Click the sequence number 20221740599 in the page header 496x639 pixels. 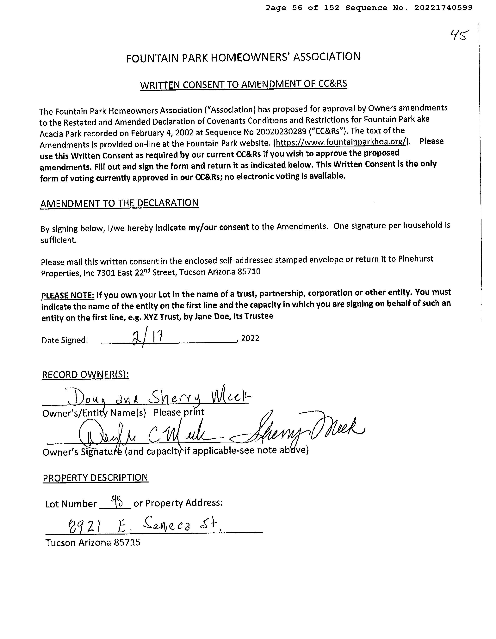coord(443,8)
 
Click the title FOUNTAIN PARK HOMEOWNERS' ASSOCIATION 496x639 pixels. coord(243,57)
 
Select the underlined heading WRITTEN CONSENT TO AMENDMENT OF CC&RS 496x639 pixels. coord(244,84)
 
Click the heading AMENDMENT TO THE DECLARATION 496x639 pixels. coord(119,203)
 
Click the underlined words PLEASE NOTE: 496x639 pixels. coord(68,295)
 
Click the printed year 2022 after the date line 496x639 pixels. coord(250,339)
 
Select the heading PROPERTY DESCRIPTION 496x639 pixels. coord(96,477)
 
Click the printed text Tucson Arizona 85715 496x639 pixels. coord(93,543)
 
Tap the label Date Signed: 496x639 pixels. coord(65,340)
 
